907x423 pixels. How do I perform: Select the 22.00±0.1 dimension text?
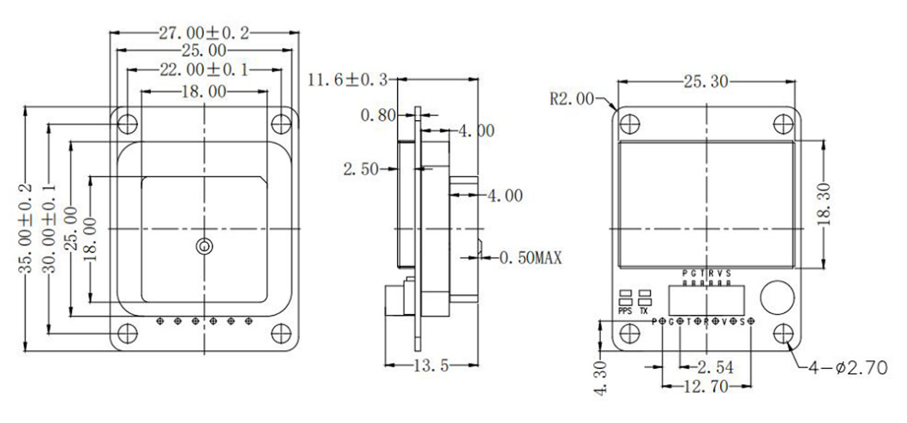click(203, 70)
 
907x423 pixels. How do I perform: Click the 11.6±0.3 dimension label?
click(348, 81)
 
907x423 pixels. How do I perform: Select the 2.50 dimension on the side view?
click(361, 169)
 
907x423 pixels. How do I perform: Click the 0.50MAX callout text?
click(529, 256)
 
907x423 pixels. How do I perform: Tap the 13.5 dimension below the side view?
click(423, 364)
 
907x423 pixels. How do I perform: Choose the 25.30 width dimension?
click(707, 82)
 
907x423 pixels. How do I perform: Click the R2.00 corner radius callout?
click(572, 99)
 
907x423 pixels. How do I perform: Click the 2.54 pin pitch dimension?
click(713, 366)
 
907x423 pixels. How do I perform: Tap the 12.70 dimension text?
click(707, 388)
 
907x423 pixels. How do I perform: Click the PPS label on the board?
click(626, 311)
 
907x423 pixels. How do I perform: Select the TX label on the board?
click(645, 311)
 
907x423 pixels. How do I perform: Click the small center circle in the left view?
click(203, 247)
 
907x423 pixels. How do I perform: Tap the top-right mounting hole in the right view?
click(783, 122)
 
